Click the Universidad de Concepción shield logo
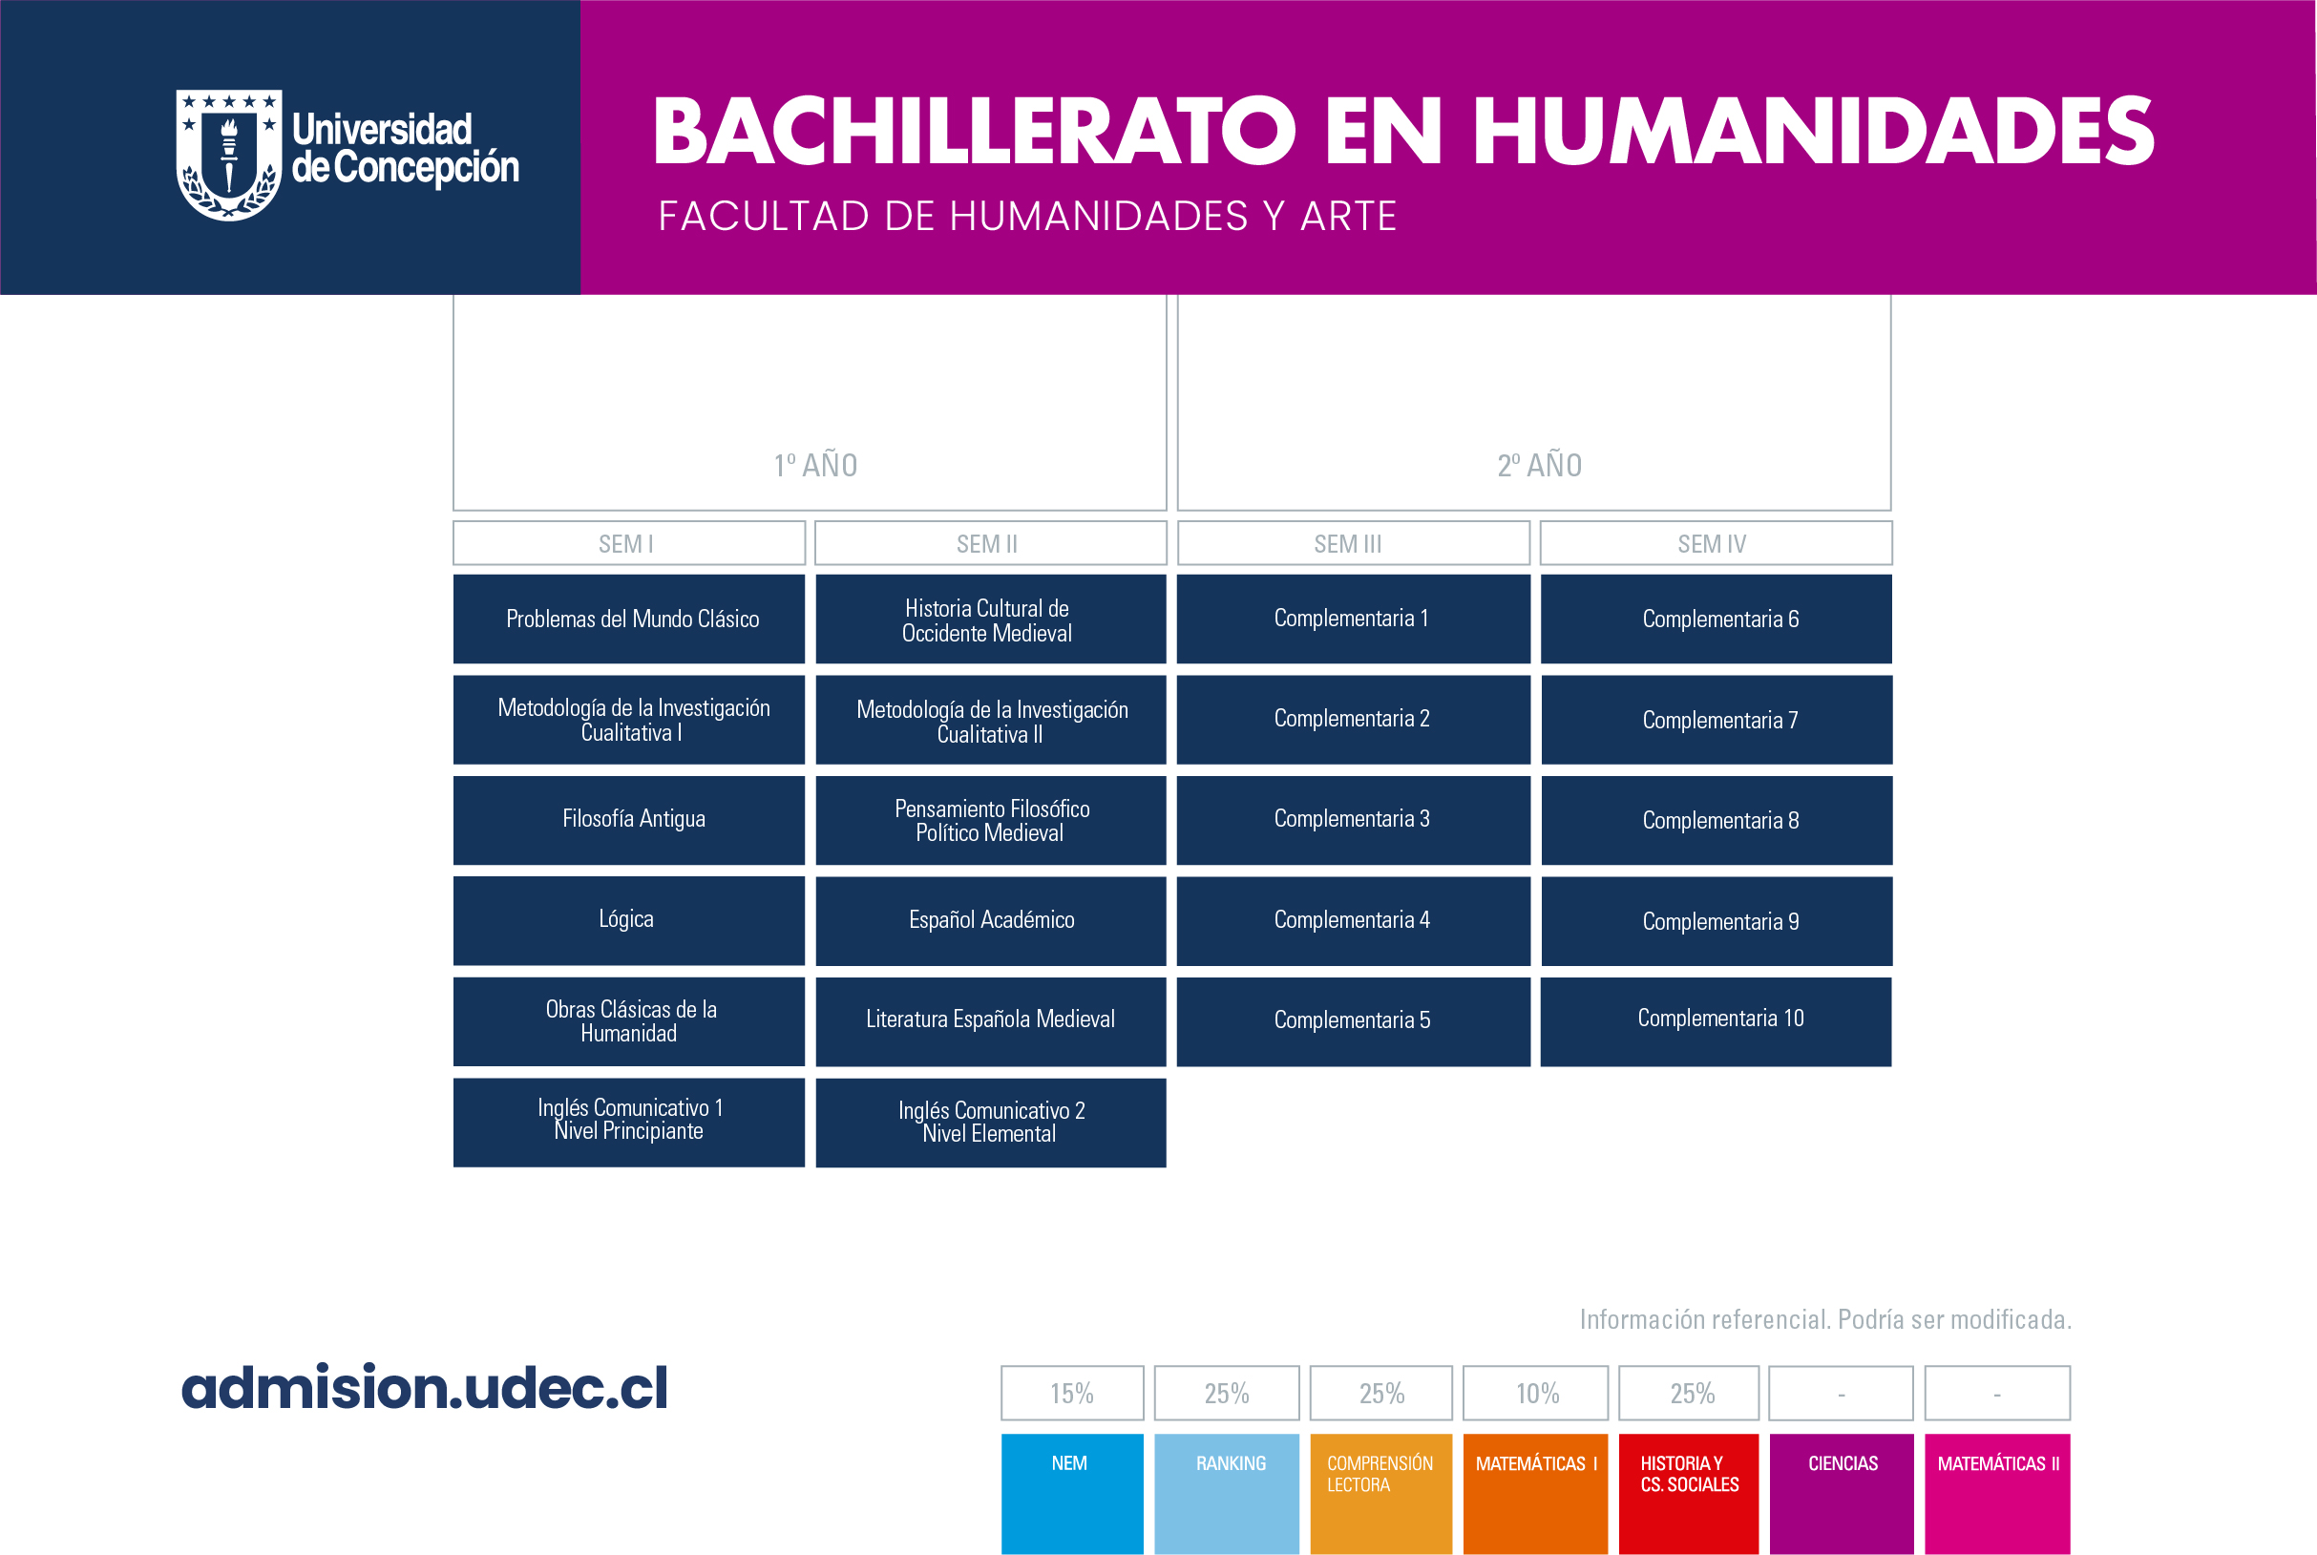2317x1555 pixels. coord(229,155)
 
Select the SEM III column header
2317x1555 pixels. coord(1353,543)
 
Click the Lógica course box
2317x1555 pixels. coord(629,920)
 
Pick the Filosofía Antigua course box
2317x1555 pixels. coord(629,820)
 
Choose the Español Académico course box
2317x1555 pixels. coord(991,921)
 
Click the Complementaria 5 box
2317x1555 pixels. coord(1353,1021)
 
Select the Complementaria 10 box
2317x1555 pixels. coord(1716,1021)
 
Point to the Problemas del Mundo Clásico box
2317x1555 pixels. coord(629,619)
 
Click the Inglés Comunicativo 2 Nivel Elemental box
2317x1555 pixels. coord(991,1123)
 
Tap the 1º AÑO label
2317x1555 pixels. coord(815,465)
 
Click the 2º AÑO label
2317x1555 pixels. coord(1539,465)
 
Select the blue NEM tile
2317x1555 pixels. coord(1072,1494)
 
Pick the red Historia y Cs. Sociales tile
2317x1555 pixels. coord(1688,1494)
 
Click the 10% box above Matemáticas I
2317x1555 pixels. coord(1535,1394)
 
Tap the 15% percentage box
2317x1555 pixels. coord(1072,1394)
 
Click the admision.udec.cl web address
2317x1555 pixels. coord(425,1387)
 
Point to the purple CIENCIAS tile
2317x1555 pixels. coord(1842,1494)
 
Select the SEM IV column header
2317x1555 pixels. coord(1716,543)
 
